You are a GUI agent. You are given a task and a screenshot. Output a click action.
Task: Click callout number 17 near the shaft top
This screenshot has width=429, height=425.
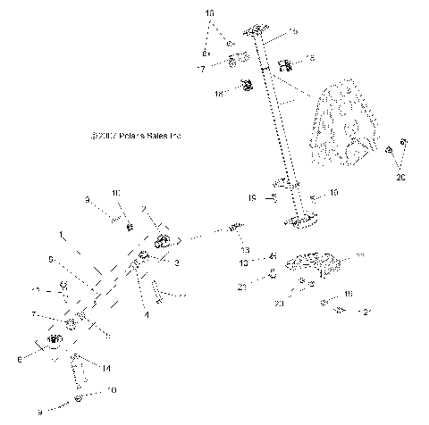point(202,68)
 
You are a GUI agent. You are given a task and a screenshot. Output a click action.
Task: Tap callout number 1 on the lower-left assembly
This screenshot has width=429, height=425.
point(61,236)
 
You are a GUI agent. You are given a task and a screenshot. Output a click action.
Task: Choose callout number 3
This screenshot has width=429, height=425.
point(177,262)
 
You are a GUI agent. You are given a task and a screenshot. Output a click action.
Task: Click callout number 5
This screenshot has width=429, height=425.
point(52,260)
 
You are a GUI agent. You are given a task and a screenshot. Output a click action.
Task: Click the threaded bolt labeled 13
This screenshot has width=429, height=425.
point(234,229)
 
